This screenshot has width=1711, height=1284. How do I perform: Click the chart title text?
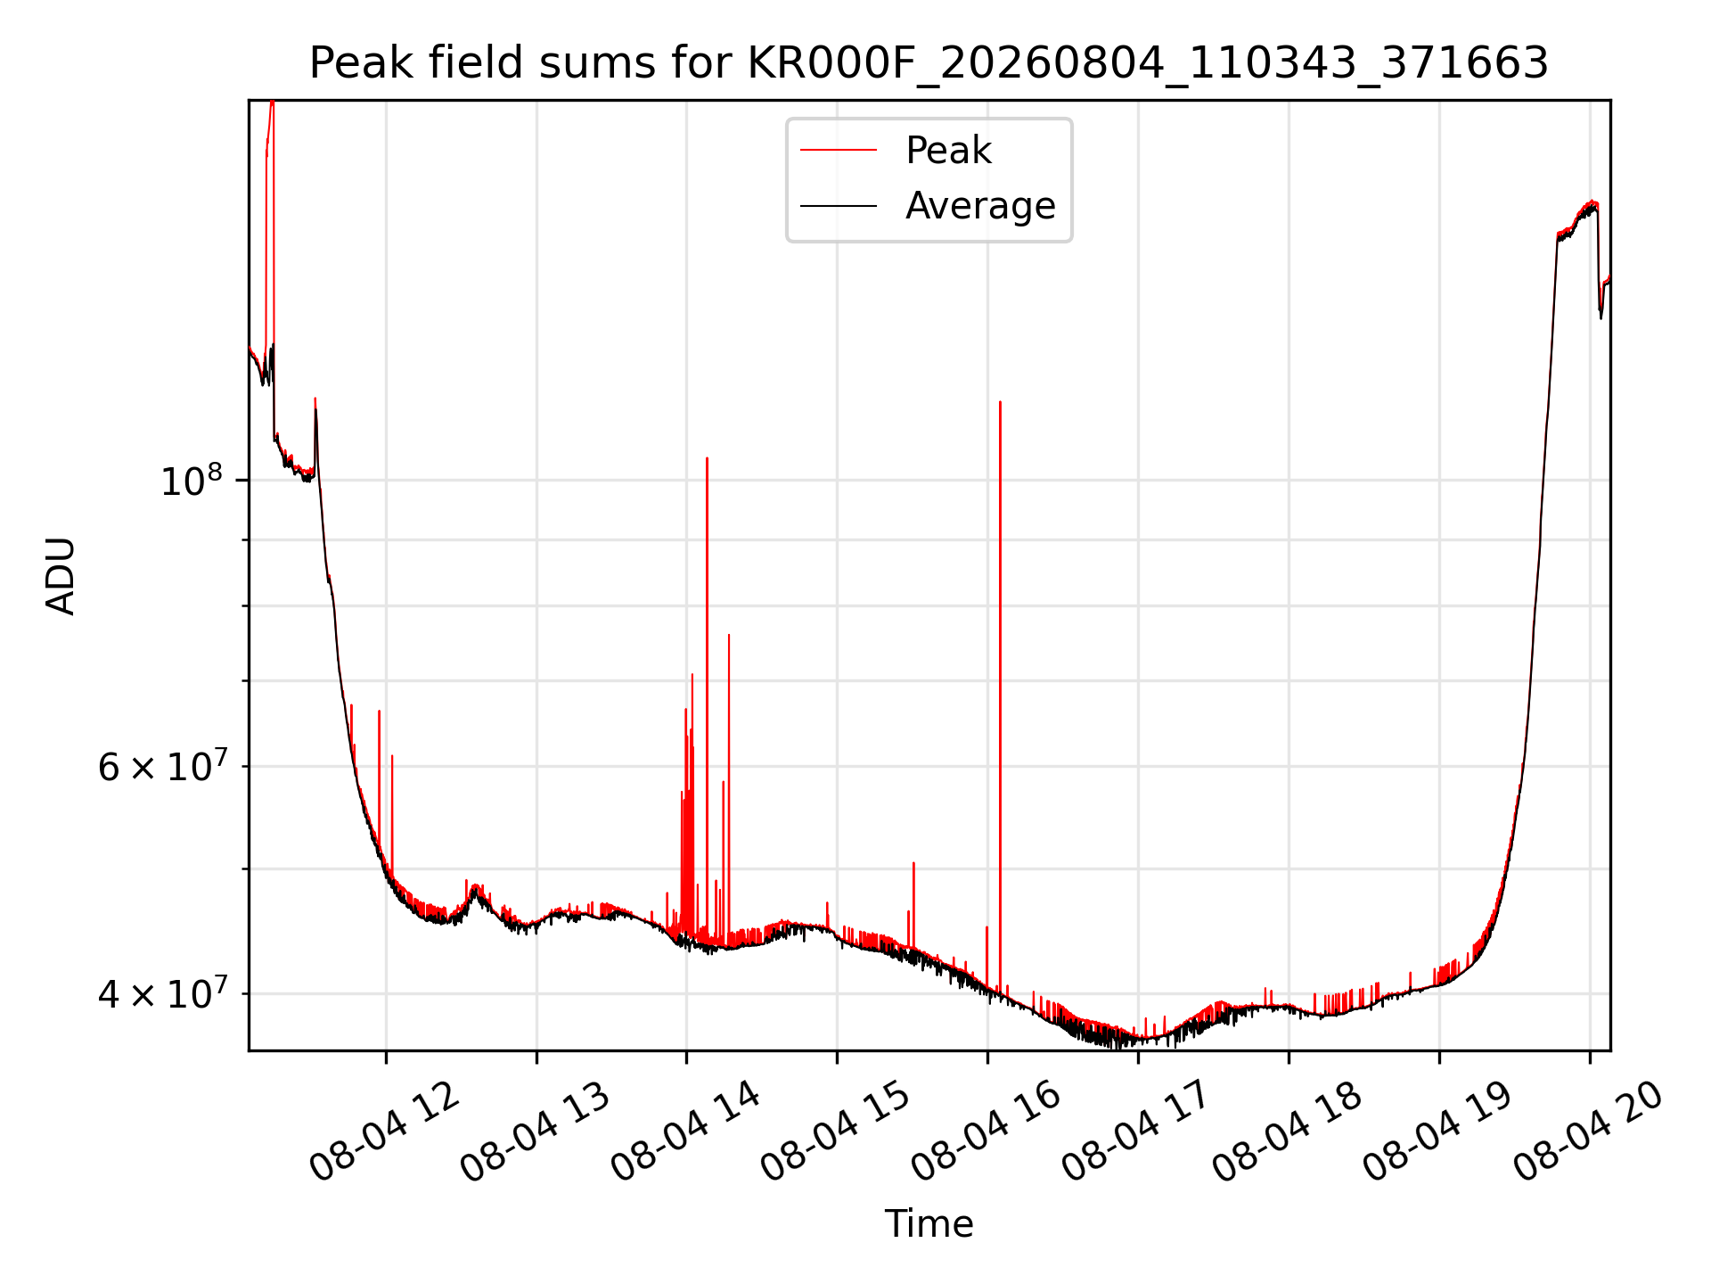point(929,63)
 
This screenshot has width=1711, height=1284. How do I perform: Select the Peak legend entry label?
point(948,151)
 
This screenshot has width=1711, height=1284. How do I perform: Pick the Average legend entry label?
point(980,206)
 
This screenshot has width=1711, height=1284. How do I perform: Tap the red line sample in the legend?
point(839,151)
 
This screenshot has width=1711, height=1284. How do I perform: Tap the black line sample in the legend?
point(839,206)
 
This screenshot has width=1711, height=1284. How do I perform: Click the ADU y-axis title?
point(61,576)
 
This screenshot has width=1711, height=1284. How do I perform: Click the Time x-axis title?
point(929,1224)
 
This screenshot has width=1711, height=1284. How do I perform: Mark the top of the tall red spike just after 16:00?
point(1000,402)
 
